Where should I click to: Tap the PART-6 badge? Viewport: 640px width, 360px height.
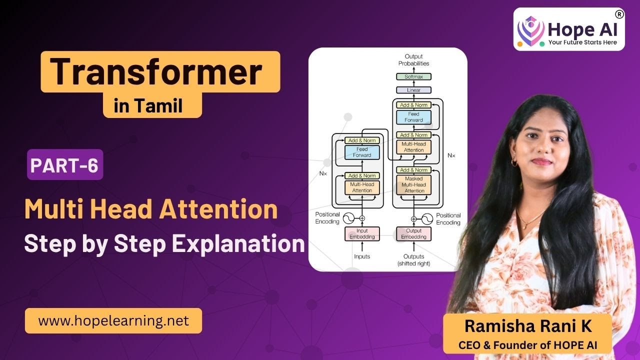click(65, 165)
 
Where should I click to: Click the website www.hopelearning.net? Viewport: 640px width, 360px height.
click(113, 320)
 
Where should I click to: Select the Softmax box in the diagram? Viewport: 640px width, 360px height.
click(413, 76)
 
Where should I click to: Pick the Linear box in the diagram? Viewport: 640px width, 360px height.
click(413, 90)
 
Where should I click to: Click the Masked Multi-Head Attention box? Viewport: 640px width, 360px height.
click(414, 184)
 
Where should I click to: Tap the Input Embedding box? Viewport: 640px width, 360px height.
click(362, 233)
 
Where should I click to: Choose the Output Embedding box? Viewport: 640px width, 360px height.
click(414, 233)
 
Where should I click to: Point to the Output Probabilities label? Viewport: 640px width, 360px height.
click(413, 60)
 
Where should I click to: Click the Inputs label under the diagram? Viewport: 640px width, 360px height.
click(362, 256)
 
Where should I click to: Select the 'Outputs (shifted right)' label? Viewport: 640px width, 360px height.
click(413, 259)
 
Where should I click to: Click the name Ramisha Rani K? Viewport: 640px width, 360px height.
click(528, 326)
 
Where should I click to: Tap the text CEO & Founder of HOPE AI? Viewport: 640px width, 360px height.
click(528, 344)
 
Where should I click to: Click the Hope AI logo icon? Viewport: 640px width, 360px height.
click(531, 30)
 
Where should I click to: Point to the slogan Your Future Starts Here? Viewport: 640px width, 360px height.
click(582, 42)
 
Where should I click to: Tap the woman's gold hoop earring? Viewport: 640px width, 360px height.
click(514, 162)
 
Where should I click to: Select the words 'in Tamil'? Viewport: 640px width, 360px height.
click(152, 106)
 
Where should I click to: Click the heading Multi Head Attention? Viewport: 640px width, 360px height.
click(151, 209)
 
